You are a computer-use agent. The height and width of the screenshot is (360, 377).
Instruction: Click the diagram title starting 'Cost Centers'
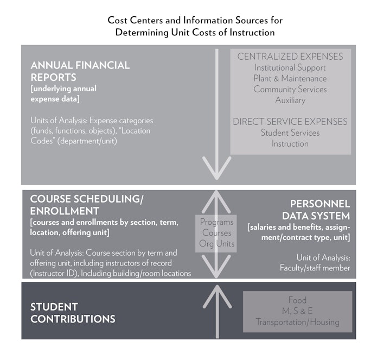[x=195, y=26]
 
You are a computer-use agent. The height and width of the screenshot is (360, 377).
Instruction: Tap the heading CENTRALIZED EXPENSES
[x=290, y=56]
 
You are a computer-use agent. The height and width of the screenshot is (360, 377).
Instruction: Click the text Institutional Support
[x=290, y=68]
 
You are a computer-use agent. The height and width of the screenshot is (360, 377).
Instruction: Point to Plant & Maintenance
[x=290, y=79]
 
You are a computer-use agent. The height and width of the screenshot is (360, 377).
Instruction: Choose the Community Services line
[x=290, y=89]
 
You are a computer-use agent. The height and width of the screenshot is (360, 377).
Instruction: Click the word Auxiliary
[x=290, y=100]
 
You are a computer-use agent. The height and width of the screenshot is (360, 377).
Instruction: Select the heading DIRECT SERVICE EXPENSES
[x=290, y=122]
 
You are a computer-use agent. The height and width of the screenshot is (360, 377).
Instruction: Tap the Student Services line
[x=290, y=133]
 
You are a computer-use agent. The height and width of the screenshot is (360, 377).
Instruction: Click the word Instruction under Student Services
[x=290, y=144]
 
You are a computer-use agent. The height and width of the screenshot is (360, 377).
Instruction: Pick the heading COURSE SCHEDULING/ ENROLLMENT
[x=87, y=205]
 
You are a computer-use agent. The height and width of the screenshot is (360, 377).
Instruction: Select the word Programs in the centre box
[x=216, y=222]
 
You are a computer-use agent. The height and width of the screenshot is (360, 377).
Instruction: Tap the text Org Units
[x=216, y=244]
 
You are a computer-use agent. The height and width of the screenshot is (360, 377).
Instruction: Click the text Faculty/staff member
[x=315, y=268]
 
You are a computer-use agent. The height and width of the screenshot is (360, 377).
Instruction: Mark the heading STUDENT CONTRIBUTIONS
[x=73, y=313]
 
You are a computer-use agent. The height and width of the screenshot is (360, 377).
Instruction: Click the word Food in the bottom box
[x=297, y=300]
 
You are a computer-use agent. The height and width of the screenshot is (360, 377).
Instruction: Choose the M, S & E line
[x=297, y=311]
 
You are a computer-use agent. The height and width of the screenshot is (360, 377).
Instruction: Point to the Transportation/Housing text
[x=297, y=322]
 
